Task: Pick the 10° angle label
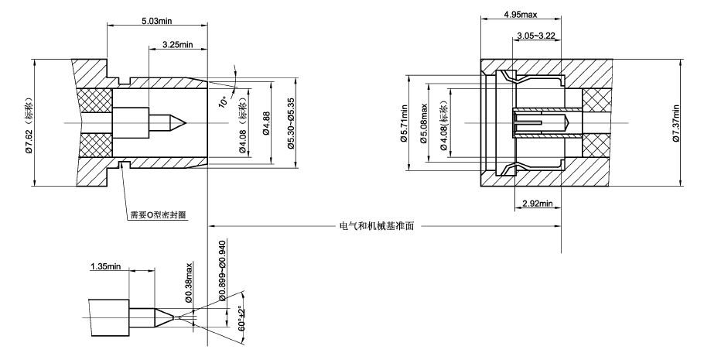223,102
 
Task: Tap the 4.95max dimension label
520,15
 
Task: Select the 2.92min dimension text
538,203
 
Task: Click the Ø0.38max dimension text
188,282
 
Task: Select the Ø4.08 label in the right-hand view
443,123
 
